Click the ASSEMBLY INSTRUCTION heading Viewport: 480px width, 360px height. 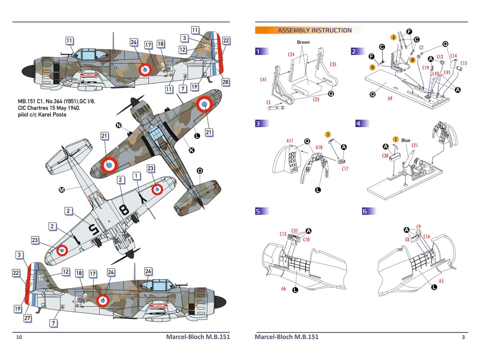pyautogui.click(x=315, y=30)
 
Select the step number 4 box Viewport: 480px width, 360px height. pyautogui.click(x=359, y=124)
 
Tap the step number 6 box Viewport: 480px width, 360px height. pyautogui.click(x=364, y=212)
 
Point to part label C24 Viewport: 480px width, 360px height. pyautogui.click(x=292, y=54)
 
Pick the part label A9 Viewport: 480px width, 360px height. pyautogui.click(x=390, y=97)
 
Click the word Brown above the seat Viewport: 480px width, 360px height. pyautogui.click(x=303, y=42)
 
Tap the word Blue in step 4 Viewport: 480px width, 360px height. pyautogui.click(x=406, y=140)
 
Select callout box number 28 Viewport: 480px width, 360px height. pyautogui.click(x=226, y=82)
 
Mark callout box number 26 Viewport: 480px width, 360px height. pyautogui.click(x=148, y=271)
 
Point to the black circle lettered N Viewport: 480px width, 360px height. pyautogui.click(x=118, y=126)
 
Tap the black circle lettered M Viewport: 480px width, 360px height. pyautogui.click(x=62, y=190)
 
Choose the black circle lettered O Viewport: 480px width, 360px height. pyautogui.click(x=200, y=171)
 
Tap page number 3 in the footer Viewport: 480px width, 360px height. pyautogui.click(x=463, y=337)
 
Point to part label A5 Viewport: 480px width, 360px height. pyautogui.click(x=441, y=281)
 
